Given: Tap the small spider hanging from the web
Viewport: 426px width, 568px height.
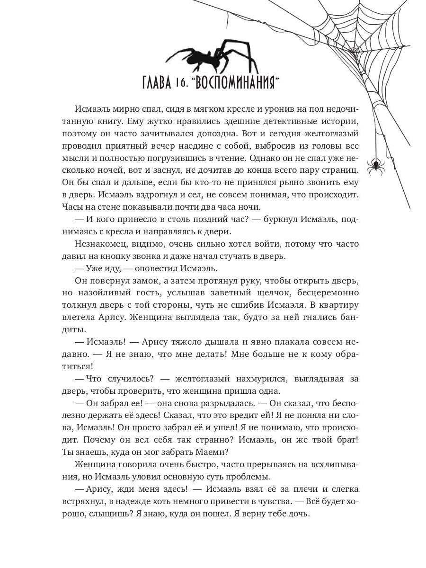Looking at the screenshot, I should [x=376, y=164].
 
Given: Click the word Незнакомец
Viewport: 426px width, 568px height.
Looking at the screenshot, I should [x=99, y=244].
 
